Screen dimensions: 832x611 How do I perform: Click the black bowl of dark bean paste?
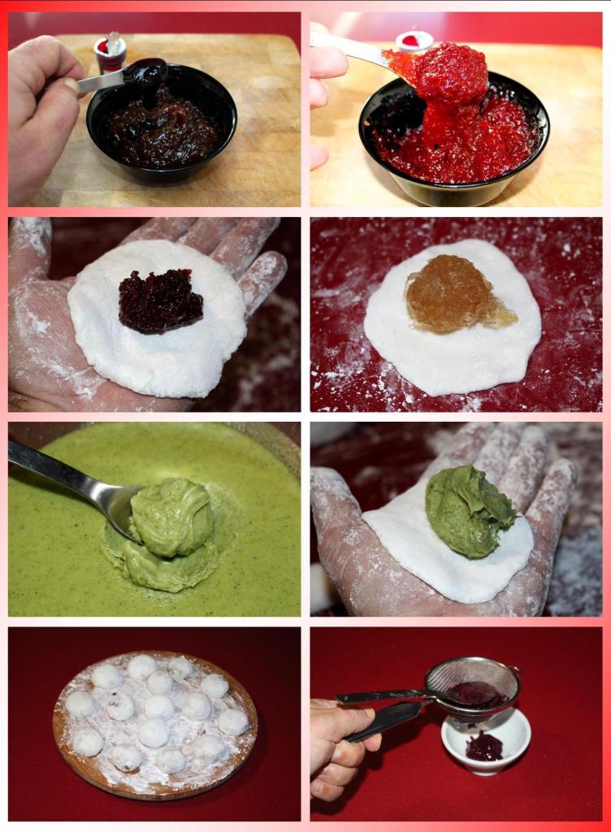pos(162,154)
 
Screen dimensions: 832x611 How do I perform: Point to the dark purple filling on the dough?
pos(160,301)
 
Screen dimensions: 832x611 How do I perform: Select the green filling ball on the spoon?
pos(172,518)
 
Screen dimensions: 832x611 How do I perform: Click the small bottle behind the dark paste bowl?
pos(110,52)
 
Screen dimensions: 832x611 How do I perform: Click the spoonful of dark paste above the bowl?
pos(145,74)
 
